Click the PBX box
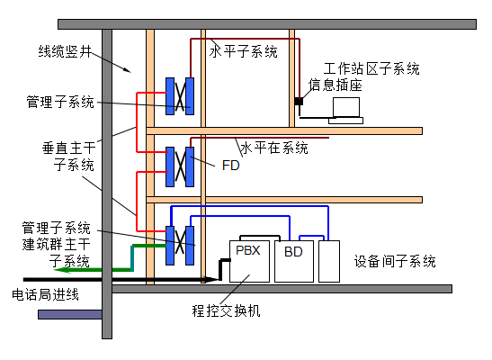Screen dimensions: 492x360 [x=249, y=261]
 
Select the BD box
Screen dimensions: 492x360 [x=294, y=261]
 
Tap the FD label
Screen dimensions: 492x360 [x=230, y=166]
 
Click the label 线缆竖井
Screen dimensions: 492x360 [x=65, y=51]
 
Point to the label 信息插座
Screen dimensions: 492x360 [x=335, y=85]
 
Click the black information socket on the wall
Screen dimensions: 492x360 [x=299, y=102]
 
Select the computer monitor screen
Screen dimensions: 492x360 [x=346, y=107]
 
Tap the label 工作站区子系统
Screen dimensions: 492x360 [x=371, y=68]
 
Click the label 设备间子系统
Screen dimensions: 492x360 [x=395, y=261]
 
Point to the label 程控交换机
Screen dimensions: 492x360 [x=226, y=310]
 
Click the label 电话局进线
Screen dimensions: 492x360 [x=45, y=294]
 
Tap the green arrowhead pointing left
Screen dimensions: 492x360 [x=61, y=270]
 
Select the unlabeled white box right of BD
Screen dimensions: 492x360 [x=329, y=261]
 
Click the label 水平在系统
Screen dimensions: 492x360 [x=274, y=148]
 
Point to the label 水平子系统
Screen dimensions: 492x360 [x=243, y=51]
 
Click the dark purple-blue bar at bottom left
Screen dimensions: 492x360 [x=70, y=314]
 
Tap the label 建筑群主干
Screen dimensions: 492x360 [x=56, y=244]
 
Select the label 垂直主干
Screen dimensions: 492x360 [x=68, y=148]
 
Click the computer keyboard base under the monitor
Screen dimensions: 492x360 [x=345, y=121]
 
